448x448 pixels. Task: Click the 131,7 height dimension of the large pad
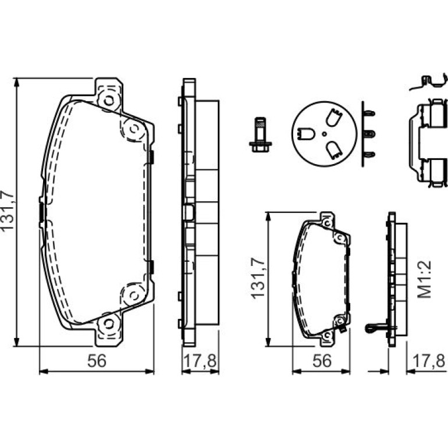point(8,211)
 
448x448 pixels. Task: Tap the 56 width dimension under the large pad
point(97,360)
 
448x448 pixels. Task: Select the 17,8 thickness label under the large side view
point(200,360)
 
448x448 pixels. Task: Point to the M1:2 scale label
point(425,280)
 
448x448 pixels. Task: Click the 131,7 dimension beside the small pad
point(258,278)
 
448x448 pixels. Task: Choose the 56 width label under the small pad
point(322,360)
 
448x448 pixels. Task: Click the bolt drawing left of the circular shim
point(260,134)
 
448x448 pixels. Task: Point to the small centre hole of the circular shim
point(324,134)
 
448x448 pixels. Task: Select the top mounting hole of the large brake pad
point(109,101)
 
